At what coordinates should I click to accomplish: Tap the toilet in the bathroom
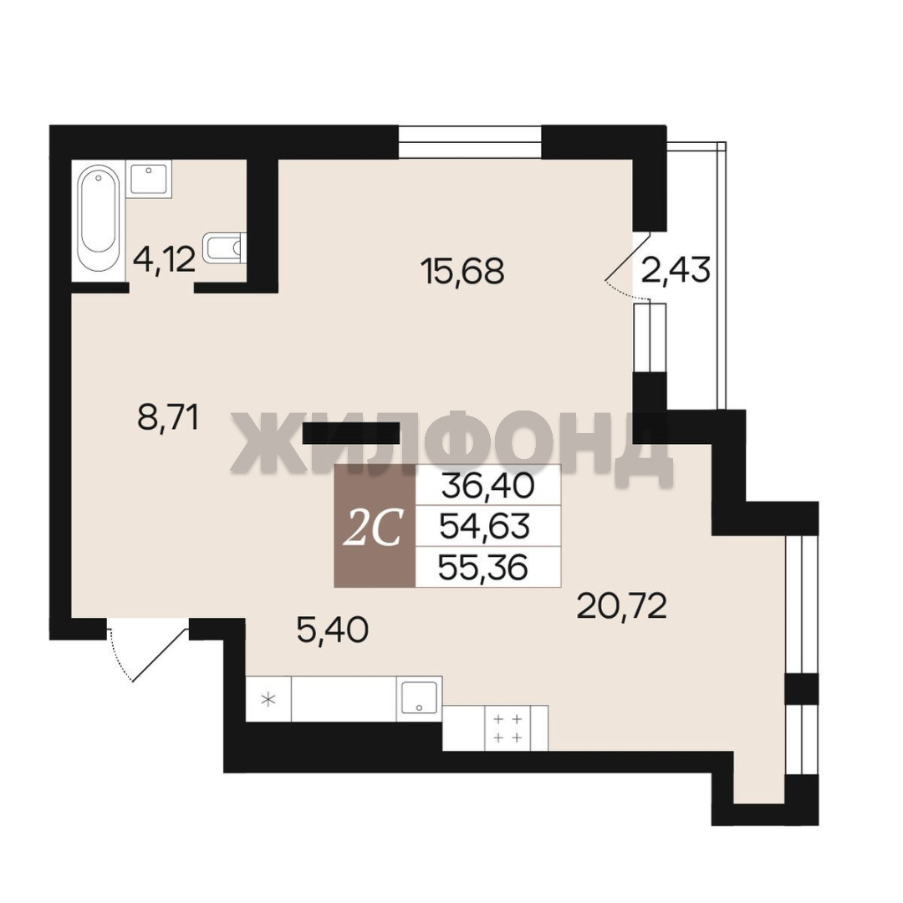(225, 247)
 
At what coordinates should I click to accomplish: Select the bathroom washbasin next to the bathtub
(149, 179)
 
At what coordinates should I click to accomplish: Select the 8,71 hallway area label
(168, 417)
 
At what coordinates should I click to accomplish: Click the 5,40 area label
(332, 630)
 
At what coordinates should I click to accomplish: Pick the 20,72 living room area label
(621, 606)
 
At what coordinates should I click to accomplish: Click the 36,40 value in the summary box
(487, 486)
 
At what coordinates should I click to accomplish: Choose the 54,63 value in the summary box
(484, 527)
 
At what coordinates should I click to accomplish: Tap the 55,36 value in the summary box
(482, 568)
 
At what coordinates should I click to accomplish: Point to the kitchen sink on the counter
(420, 698)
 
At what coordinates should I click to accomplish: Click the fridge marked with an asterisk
(268, 699)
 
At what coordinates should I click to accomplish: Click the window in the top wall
(470, 141)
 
